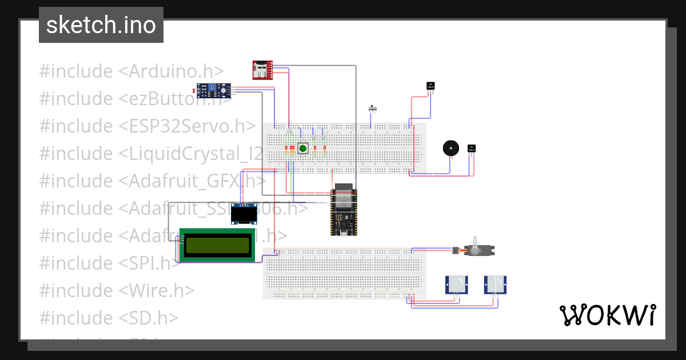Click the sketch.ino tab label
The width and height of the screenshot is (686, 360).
(101, 25)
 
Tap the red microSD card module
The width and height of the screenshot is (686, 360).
(263, 70)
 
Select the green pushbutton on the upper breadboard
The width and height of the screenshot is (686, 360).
(302, 149)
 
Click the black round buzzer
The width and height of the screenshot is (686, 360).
(450, 148)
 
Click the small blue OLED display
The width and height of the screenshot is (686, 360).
(244, 213)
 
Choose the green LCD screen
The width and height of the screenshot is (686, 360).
(217, 245)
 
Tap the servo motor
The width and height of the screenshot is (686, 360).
(478, 250)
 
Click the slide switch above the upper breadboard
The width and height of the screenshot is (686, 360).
(374, 107)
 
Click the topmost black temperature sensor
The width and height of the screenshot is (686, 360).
(430, 86)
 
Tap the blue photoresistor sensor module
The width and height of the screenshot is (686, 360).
(214, 89)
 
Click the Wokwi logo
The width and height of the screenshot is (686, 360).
(607, 315)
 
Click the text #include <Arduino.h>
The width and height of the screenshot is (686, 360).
(131, 71)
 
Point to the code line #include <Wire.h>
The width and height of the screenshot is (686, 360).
(117, 290)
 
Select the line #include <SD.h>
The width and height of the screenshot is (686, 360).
(109, 318)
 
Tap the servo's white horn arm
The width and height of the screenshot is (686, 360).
(474, 242)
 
